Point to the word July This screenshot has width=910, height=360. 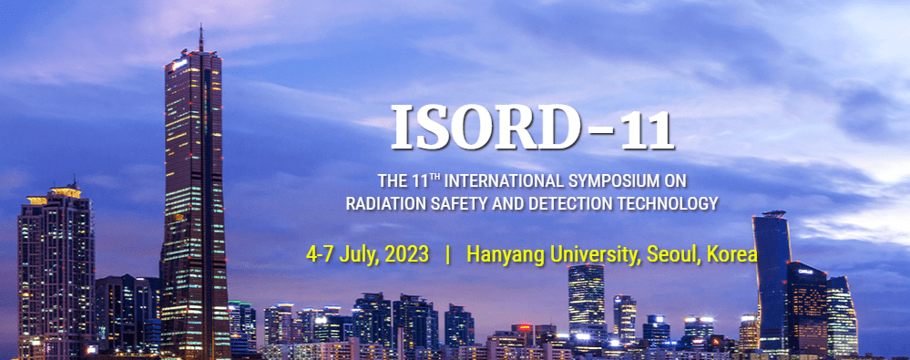tap(357, 254)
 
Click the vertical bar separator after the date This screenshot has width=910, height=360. tap(447, 254)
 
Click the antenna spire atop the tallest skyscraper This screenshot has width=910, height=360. tap(200, 38)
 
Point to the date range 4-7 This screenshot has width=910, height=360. tap(320, 254)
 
